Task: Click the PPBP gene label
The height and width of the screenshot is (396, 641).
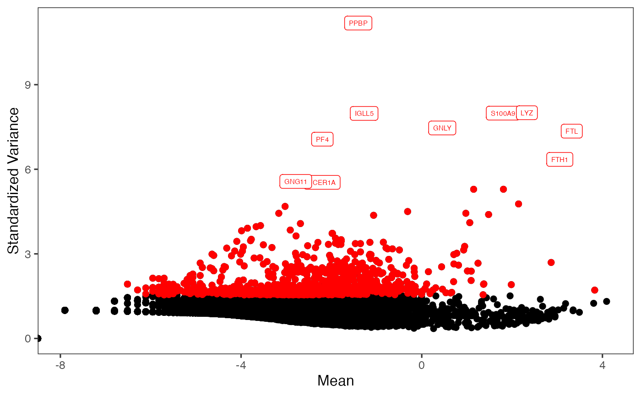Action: tap(358, 23)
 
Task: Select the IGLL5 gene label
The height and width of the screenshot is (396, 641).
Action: tap(364, 113)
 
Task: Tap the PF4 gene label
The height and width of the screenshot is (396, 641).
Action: tap(322, 139)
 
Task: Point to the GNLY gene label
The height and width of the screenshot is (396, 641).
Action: tap(442, 128)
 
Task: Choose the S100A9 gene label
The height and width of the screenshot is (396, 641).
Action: tap(502, 113)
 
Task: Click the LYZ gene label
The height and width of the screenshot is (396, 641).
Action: tap(527, 113)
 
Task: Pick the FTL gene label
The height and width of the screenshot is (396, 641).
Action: tap(571, 131)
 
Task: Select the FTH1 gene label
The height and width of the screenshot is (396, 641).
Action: tap(560, 160)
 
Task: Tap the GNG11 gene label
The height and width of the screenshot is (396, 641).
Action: tap(295, 182)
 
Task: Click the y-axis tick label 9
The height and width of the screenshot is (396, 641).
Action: tap(28, 85)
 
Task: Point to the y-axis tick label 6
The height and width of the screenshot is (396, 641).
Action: tap(28, 169)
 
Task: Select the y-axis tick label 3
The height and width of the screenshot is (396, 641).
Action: tap(28, 254)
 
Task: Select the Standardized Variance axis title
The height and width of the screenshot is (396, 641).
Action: tap(14, 180)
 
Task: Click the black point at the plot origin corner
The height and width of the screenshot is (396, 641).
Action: tap(38, 338)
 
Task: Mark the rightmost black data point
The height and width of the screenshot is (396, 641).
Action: tap(607, 301)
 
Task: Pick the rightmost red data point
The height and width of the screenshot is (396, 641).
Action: tap(595, 290)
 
